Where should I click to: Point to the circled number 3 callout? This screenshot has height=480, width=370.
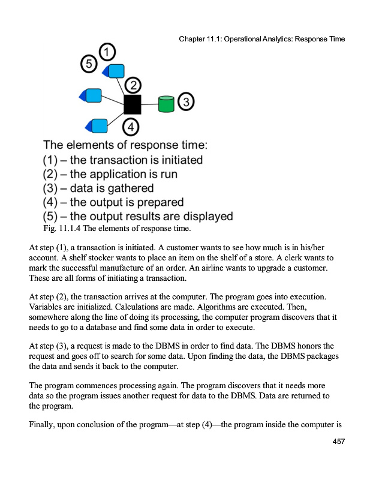[x=186, y=102]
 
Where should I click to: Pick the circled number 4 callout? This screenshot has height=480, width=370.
[x=131, y=127]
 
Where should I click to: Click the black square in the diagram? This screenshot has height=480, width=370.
[x=132, y=104]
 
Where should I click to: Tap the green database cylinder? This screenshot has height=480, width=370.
[x=166, y=104]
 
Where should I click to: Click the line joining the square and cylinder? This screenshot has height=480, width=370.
[x=149, y=104]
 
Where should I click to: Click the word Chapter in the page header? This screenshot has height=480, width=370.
[x=193, y=39]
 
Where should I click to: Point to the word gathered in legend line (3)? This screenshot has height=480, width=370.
[x=127, y=188]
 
